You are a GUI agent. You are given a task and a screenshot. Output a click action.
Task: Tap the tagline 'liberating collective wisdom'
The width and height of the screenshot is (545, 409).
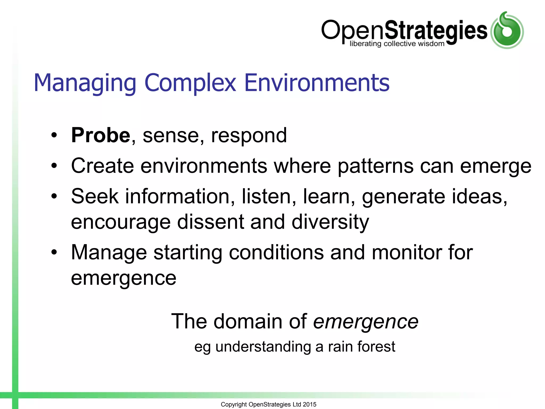click(397, 44)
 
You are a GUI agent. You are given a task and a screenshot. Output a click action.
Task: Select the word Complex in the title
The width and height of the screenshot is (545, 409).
click(190, 83)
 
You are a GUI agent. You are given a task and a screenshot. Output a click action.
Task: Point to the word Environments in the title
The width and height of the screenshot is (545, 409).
click(317, 83)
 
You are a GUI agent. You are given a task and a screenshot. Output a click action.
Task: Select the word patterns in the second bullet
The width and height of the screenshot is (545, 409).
click(375, 166)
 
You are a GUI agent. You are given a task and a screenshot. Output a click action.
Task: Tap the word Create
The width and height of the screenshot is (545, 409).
click(102, 166)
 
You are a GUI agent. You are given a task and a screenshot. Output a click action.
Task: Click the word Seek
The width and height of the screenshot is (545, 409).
click(95, 196)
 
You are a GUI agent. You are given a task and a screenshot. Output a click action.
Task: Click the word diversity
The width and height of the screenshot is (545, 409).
click(330, 222)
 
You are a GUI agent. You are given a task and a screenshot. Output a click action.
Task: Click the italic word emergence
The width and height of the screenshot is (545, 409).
click(366, 322)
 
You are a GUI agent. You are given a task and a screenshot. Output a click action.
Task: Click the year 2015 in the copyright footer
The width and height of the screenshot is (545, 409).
click(309, 404)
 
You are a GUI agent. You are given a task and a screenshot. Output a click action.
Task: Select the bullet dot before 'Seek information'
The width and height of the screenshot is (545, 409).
click(54, 197)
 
